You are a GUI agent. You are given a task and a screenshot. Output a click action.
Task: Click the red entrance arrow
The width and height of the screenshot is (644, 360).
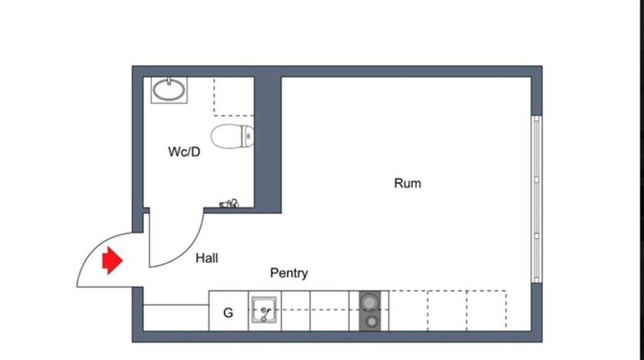pos(112,260)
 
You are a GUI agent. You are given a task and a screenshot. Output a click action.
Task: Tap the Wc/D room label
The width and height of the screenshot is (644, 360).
pos(184,152)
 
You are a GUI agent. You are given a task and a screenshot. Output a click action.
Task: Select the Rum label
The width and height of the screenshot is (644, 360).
pos(408,183)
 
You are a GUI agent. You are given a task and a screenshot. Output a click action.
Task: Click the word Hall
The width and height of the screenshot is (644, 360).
pos(207,258)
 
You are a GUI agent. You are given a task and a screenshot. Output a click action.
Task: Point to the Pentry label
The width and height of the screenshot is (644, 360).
pos(289,273)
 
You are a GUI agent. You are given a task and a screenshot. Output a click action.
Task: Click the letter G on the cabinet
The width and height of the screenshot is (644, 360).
pos(228,313)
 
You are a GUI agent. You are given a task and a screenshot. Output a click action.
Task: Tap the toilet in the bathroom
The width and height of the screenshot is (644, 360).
pos(233,136)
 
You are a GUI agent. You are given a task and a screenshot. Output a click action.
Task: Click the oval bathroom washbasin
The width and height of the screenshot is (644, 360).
pos(169,91)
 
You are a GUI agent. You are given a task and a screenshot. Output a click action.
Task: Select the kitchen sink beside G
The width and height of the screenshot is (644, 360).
pos(264,310)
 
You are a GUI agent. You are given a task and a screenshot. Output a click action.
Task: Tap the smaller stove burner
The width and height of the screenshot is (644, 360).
pos(372,322)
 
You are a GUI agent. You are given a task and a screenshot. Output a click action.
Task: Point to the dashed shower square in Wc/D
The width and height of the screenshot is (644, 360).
pos(234,97)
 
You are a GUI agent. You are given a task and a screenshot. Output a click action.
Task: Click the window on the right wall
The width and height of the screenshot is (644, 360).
pos(537,199)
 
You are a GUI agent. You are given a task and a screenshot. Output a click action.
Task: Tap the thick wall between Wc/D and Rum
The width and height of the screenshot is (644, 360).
pos(268,144)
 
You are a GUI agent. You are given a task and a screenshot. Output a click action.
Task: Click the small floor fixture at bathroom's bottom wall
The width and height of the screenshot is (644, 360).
pos(229,203)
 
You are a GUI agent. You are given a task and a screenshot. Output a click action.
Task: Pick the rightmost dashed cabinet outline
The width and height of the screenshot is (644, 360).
pos(486,310)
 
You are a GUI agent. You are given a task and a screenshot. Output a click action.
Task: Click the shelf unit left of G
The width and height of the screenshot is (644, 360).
pos(176,318)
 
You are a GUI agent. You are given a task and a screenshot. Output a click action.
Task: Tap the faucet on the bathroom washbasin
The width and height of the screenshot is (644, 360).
pos(169,81)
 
